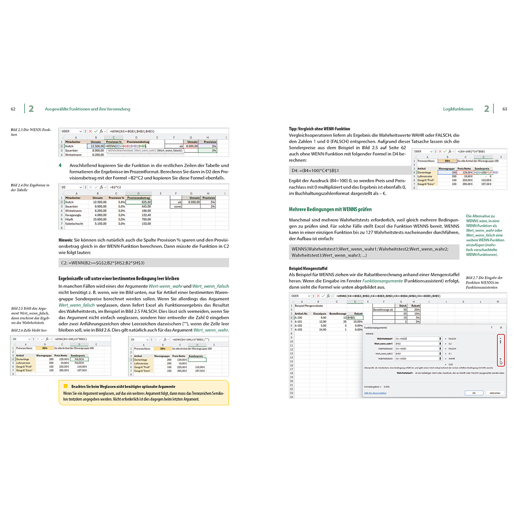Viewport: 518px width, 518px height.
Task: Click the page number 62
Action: click(x=13, y=109)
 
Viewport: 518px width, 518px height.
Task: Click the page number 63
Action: click(x=505, y=109)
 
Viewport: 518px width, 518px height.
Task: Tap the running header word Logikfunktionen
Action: click(x=458, y=109)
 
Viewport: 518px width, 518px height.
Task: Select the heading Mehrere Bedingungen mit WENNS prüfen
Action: click(x=330, y=209)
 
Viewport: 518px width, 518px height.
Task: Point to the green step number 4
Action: click(x=60, y=165)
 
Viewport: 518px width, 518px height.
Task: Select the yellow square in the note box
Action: click(x=66, y=386)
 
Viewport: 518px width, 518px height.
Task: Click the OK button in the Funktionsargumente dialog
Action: click(x=474, y=393)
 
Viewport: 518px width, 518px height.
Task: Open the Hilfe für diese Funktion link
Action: click(x=375, y=393)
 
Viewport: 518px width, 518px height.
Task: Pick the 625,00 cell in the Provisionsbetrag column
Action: click(x=139, y=202)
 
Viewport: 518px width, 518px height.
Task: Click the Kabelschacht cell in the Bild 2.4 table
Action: click(x=74, y=224)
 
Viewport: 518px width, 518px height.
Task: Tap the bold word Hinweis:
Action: click(x=66, y=240)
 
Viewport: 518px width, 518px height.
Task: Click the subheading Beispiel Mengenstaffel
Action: click(x=308, y=268)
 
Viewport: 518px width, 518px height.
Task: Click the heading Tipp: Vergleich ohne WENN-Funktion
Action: click(x=319, y=129)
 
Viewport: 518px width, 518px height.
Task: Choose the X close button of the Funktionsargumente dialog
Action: click(x=501, y=328)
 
